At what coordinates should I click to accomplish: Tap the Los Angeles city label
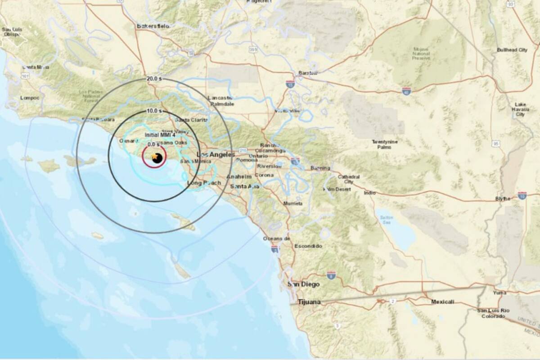click(x=216, y=155)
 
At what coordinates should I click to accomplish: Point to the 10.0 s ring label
click(x=153, y=111)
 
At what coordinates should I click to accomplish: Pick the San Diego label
click(x=304, y=284)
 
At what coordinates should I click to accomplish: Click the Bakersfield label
click(x=153, y=26)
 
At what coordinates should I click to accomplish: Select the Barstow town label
click(x=308, y=73)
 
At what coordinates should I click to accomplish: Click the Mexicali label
click(x=442, y=301)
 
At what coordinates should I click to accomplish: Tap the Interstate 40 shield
click(x=406, y=91)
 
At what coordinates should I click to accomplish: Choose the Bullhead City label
click(x=512, y=50)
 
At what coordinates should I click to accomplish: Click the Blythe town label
click(x=503, y=198)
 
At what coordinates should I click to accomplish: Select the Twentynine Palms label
click(x=385, y=144)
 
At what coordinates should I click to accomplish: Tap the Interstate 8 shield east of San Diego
click(x=331, y=274)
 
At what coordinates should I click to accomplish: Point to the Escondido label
click(x=308, y=246)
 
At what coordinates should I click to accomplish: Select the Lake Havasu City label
click(x=520, y=109)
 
